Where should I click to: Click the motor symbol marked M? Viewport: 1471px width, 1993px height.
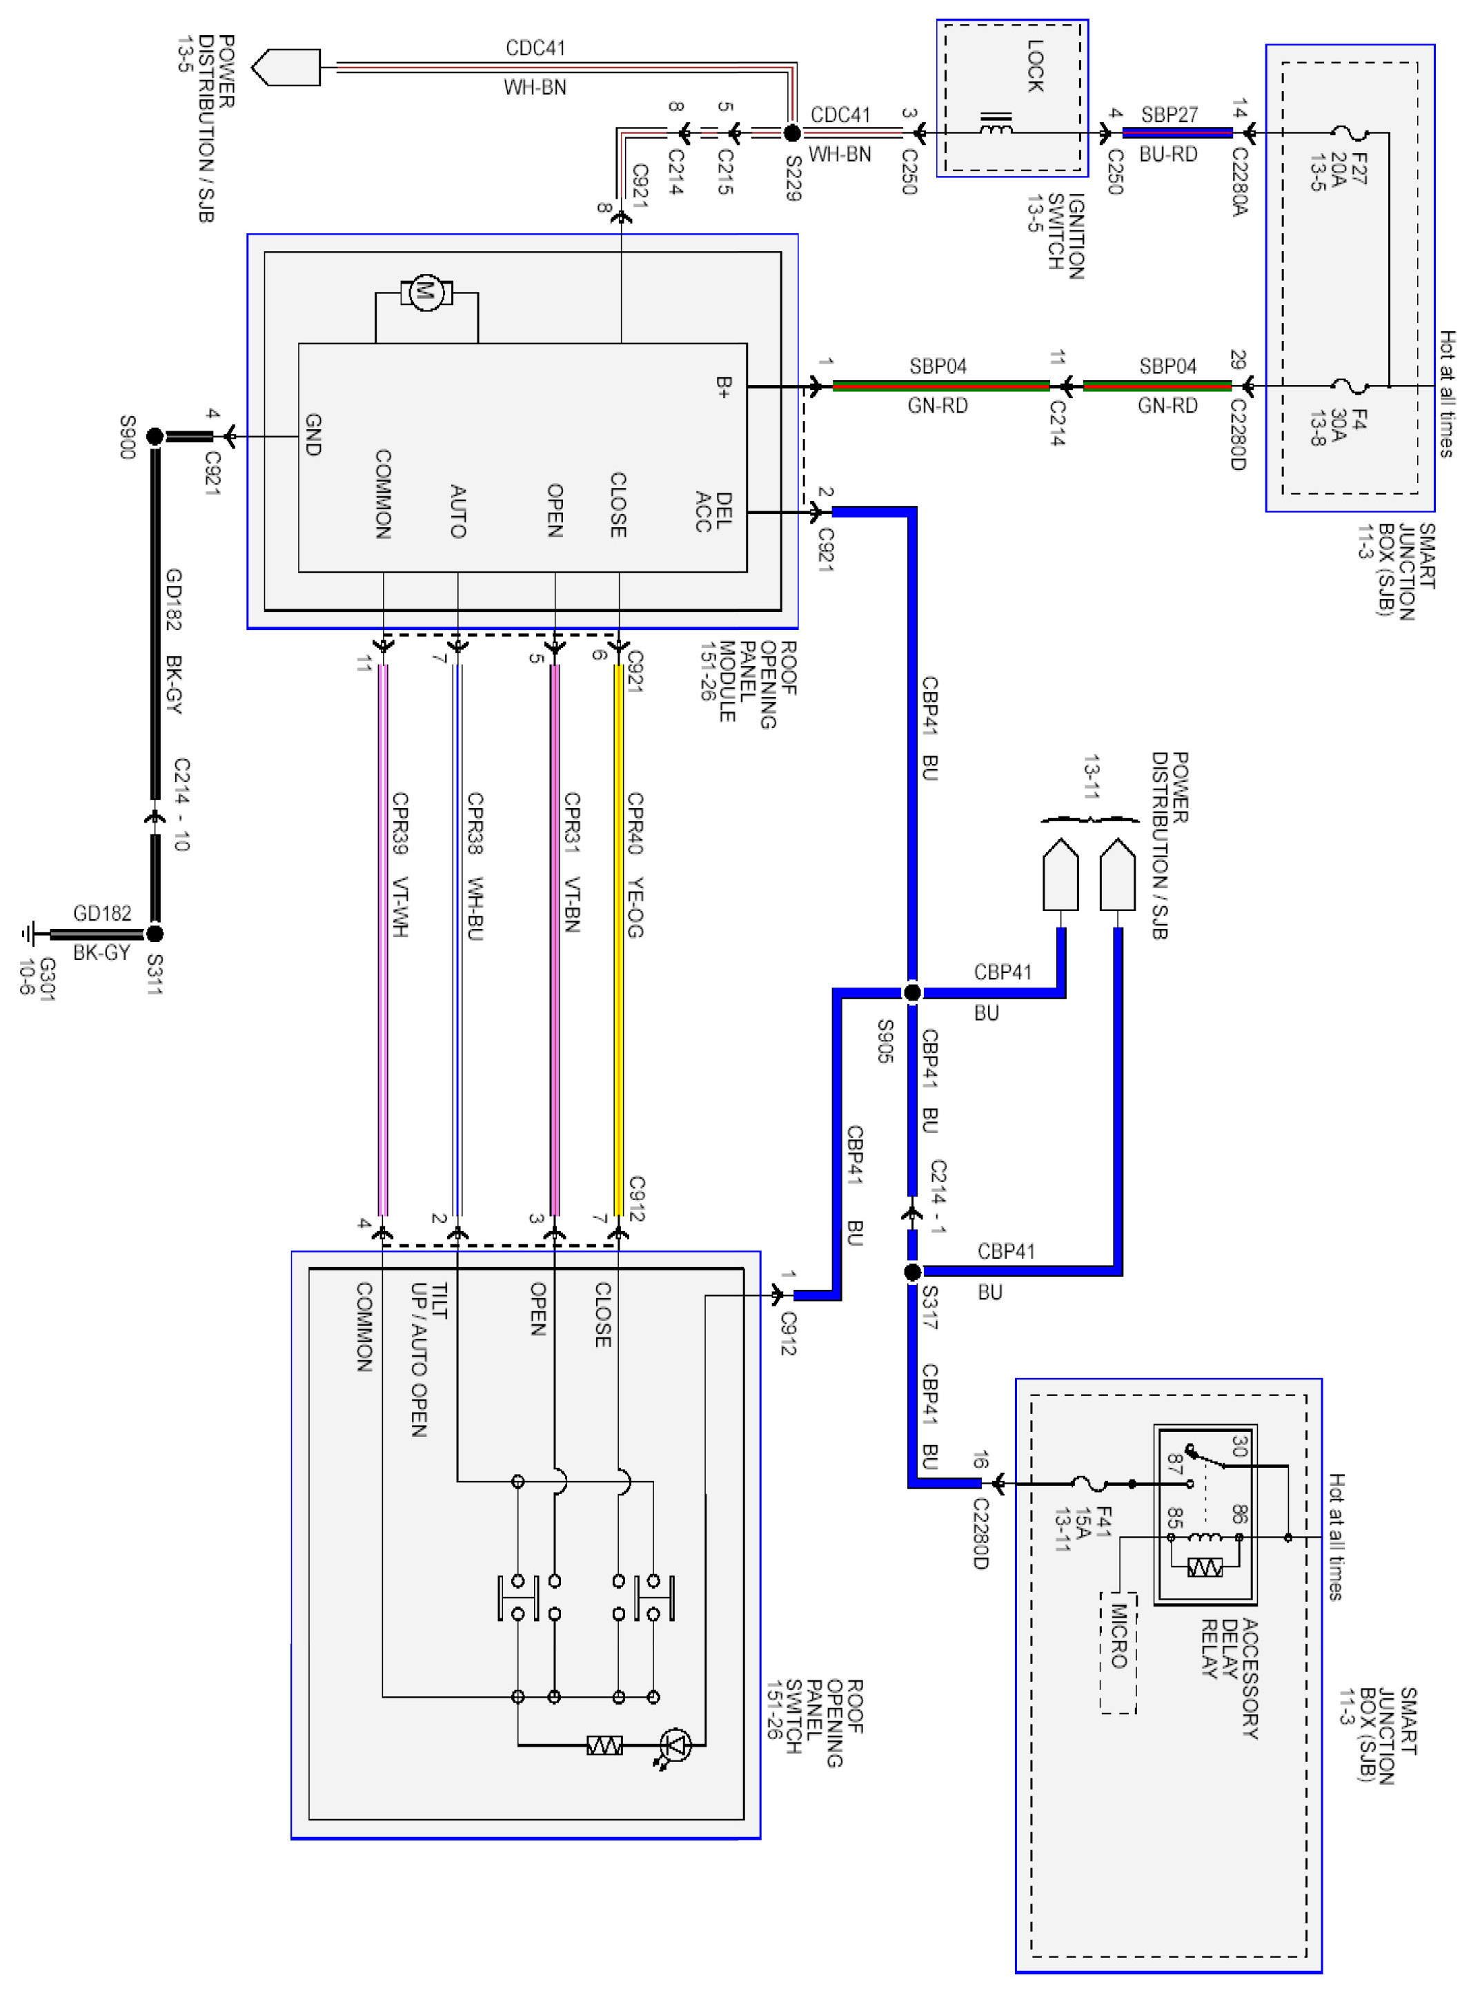[426, 291]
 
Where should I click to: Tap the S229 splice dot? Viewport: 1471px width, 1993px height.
[791, 134]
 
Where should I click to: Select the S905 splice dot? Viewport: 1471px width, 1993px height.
[912, 992]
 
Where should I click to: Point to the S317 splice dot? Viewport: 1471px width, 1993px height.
[912, 1272]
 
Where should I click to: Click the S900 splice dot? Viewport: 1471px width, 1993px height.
[155, 436]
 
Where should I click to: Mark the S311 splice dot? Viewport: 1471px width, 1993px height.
[155, 933]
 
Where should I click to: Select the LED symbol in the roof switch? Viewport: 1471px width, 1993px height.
[676, 1745]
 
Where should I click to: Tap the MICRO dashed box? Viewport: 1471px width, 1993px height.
[1118, 1652]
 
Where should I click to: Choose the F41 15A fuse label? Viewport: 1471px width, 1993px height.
[1082, 1528]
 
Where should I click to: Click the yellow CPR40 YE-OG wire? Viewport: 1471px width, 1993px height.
[619, 935]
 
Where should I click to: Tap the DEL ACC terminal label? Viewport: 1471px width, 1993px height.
[714, 512]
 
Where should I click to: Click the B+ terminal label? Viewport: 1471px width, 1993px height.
[724, 386]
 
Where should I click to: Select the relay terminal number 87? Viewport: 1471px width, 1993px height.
[1176, 1463]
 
